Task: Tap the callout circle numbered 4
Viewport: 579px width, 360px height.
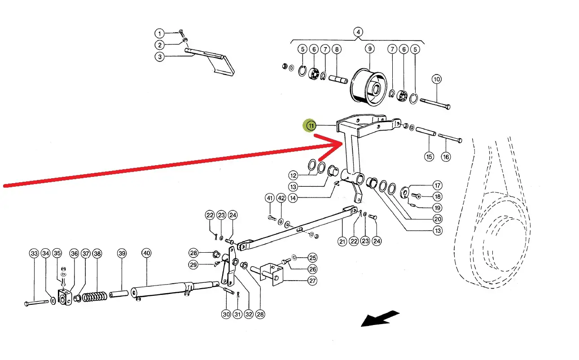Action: [358, 32]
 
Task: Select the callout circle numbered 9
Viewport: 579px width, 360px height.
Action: [369, 48]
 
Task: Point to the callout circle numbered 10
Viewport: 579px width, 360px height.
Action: [437, 79]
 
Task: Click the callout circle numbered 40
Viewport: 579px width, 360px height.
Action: [146, 253]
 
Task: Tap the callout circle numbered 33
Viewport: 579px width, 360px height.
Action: [34, 254]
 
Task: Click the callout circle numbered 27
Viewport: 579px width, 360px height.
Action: [312, 281]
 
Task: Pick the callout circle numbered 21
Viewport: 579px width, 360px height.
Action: [342, 241]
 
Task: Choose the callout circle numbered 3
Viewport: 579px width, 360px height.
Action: [159, 57]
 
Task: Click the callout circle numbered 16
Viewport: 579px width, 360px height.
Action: [445, 157]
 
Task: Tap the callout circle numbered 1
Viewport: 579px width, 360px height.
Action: [159, 33]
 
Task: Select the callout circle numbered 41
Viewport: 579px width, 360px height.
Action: [270, 198]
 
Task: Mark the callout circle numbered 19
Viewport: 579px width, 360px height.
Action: [437, 208]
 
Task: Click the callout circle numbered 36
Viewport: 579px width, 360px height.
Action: [74, 254]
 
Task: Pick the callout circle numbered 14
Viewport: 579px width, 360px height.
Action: [293, 198]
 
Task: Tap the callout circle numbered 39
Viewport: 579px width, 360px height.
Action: [122, 254]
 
